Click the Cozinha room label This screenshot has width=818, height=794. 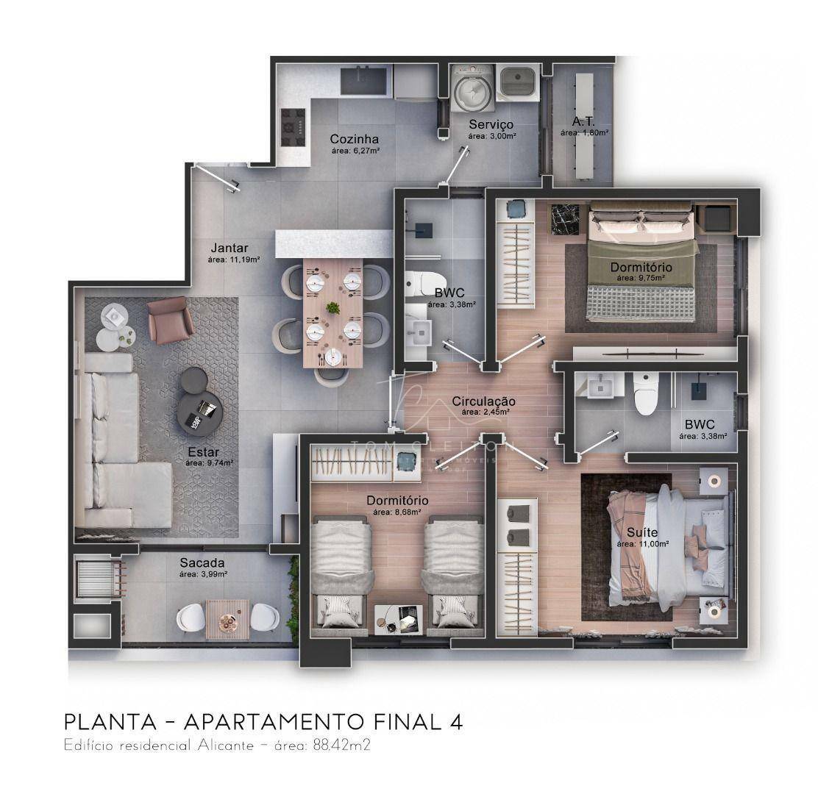click(354, 139)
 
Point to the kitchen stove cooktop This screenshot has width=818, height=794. click(292, 126)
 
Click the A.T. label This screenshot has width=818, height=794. click(583, 122)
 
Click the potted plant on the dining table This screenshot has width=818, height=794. click(333, 307)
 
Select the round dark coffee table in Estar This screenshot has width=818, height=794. click(199, 412)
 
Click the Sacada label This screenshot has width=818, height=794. click(197, 563)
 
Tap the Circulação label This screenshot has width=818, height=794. click(484, 401)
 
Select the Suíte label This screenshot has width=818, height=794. click(643, 532)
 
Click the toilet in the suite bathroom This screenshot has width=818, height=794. click(645, 394)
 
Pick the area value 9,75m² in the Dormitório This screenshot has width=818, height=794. click(641, 279)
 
